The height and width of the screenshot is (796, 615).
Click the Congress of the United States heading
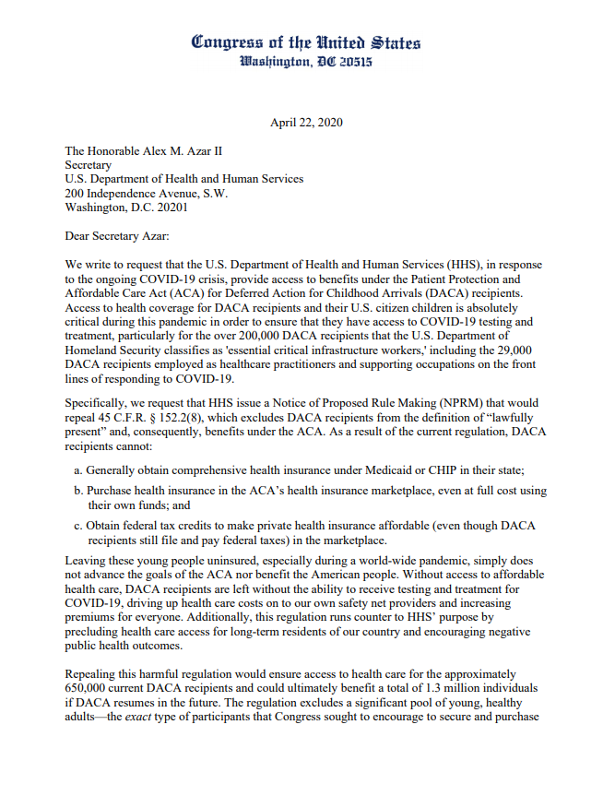[x=307, y=42]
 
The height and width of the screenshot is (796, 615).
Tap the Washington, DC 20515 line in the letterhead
[x=307, y=63]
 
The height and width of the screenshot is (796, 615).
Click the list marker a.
[x=77, y=469]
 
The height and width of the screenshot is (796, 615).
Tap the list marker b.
[x=77, y=492]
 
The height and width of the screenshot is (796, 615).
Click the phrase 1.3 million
[x=455, y=687]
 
